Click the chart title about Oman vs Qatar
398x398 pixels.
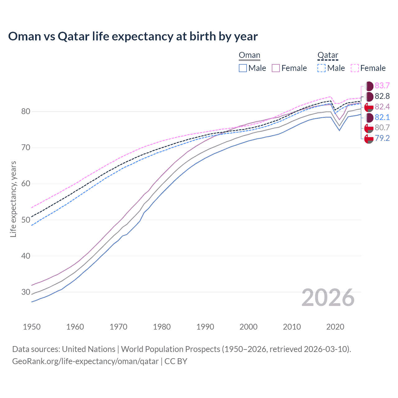coord(133,36)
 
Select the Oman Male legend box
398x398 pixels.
coord(243,68)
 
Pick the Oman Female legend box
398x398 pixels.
coord(276,68)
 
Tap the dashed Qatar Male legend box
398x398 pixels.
coord(322,68)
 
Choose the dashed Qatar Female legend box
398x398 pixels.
coord(355,68)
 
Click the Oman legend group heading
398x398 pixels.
coord(249,55)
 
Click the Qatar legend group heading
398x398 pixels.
coord(328,55)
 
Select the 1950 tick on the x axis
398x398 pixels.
coord(32,327)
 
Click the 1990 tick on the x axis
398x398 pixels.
coord(205,327)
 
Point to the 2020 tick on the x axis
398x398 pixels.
coord(335,327)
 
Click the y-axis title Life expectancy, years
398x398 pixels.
coord(13,199)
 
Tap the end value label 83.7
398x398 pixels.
coord(382,86)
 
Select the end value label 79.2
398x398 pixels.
coord(382,138)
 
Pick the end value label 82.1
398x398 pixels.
coord(382,117)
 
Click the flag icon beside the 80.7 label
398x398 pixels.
coord(369,128)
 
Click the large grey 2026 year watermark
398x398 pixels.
coord(328,298)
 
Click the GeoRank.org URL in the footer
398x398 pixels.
coord(85,361)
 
